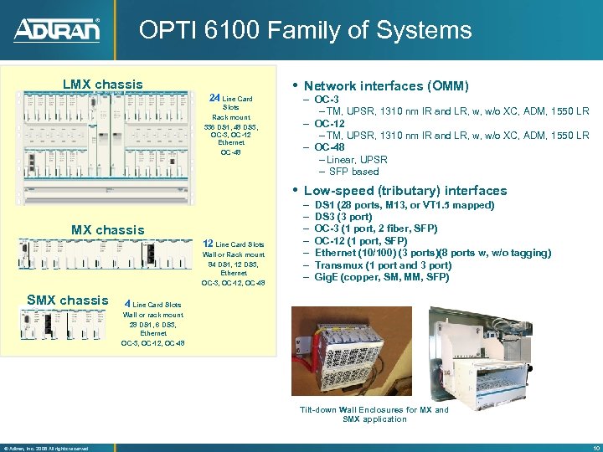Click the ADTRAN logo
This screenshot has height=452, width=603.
coord(57,31)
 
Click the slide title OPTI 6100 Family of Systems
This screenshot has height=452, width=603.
coord(305,31)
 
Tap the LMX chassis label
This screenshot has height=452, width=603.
coord(103,85)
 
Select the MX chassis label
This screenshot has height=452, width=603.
coord(107,229)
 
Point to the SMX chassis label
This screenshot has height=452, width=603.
coord(68,300)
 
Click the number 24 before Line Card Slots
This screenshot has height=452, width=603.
coord(214,98)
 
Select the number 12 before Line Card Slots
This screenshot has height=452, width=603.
coord(208,244)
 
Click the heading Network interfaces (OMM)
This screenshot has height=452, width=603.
coord(385,85)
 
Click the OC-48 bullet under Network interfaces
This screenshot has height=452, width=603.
coord(329,147)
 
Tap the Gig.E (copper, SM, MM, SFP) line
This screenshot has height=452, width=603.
coord(381,277)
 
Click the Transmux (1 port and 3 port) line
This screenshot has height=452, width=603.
coord(383,265)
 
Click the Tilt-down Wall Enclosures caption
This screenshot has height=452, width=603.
coord(374,414)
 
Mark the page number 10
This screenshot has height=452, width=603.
coord(593,447)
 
